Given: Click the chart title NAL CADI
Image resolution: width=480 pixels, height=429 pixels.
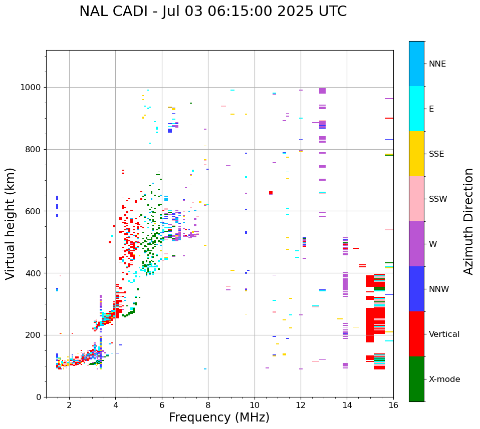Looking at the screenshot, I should tap(213, 12).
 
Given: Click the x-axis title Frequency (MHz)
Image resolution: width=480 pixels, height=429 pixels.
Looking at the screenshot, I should tap(219, 417).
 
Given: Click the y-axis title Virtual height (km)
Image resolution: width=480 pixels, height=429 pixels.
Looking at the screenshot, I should tap(11, 224).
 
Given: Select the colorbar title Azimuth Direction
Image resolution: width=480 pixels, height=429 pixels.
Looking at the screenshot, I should tap(468, 221).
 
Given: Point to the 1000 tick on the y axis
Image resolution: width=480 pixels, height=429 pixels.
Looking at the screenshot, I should tap(33, 87).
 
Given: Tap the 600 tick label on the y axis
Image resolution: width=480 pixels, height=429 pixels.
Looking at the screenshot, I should tap(35, 211).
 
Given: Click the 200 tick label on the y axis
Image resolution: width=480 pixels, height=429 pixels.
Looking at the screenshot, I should tap(35, 335).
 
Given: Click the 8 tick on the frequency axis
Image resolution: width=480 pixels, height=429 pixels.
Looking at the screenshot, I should tap(208, 405).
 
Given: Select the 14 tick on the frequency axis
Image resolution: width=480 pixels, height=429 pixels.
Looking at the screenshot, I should tap(347, 405).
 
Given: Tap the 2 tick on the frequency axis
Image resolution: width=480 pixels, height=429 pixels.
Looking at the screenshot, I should tap(69, 405).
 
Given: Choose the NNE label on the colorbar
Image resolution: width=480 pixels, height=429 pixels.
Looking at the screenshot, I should tap(437, 64).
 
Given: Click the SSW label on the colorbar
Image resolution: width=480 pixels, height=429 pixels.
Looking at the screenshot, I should tap(438, 199).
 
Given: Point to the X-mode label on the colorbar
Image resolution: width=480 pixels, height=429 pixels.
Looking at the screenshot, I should tap(444, 379).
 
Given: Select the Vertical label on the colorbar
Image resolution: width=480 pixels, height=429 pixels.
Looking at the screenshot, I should tap(444, 334).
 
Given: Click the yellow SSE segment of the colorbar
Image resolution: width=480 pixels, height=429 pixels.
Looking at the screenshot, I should tap(416, 154).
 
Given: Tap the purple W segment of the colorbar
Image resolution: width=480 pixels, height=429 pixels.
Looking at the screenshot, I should tap(416, 244).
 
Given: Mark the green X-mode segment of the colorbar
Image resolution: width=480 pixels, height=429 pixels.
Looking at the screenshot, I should tap(416, 379).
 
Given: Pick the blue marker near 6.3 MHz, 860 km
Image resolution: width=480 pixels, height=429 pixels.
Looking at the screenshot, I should tap(170, 131).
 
